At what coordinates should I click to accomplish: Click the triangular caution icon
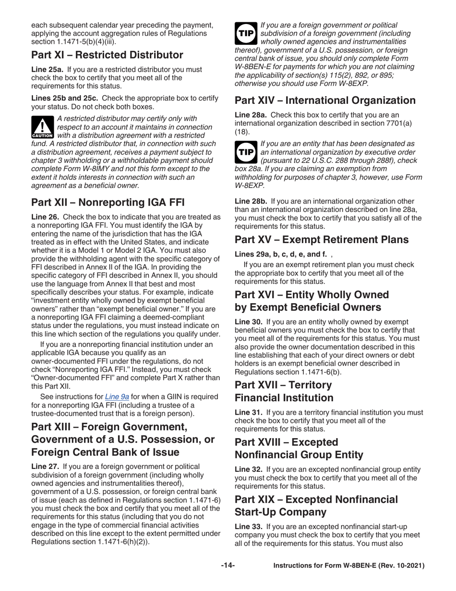[42, 127]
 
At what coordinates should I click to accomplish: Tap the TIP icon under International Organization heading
[246, 152]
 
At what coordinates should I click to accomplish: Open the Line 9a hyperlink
[117, 397]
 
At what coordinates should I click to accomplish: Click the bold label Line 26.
[45, 217]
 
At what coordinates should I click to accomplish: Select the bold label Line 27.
[45, 467]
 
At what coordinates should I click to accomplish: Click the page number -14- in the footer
[228, 566]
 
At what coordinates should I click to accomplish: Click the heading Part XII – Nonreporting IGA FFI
[108, 202]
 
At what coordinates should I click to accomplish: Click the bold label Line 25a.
[47, 69]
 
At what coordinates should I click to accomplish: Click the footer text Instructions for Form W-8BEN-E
[348, 566]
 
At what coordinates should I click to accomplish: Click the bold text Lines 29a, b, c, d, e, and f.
[281, 254]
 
